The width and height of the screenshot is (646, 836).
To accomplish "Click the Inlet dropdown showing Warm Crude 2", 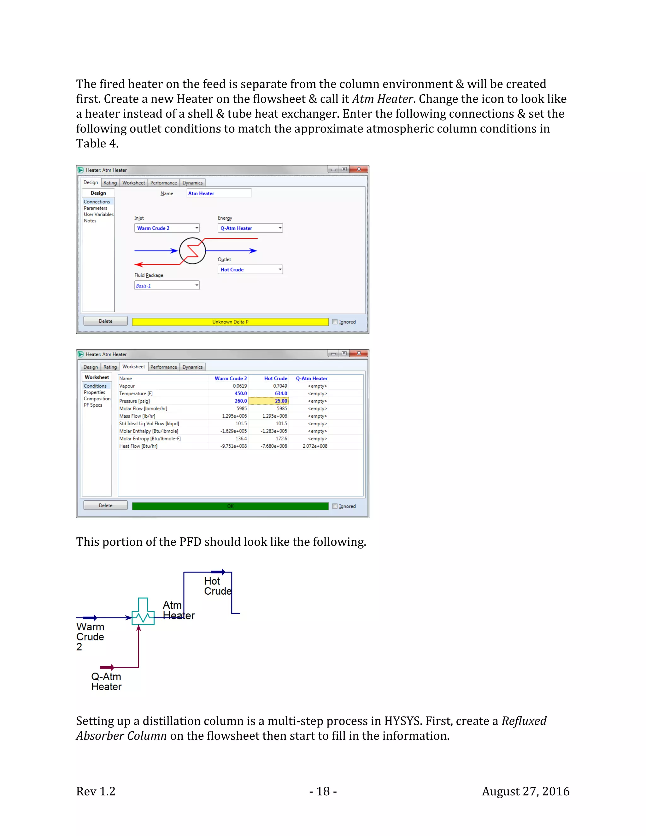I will click(167, 228).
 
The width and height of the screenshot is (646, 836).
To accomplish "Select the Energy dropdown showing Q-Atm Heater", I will click(250, 228).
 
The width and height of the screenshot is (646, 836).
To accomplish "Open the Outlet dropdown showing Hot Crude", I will click(250, 269).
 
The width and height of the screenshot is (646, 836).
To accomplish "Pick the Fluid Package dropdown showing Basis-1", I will click(167, 286).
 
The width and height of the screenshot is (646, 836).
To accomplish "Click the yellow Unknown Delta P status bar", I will click(230, 322).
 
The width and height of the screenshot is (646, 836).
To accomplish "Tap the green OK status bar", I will click(230, 506).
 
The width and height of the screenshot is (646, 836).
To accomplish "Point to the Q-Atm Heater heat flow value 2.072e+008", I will click(314, 446).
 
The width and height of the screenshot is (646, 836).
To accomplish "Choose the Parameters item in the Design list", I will click(96, 208).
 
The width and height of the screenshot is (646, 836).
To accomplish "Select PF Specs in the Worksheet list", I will click(93, 405).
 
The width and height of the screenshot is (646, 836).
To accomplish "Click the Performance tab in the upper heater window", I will click(163, 183).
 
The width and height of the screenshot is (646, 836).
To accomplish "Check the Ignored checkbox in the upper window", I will click(335, 322).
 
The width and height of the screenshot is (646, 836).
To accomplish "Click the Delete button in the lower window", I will click(106, 505).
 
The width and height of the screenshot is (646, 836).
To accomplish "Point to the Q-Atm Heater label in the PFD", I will click(106, 682).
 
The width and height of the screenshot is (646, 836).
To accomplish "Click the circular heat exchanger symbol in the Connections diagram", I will click(192, 251).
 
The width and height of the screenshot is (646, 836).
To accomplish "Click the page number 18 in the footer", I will click(323, 791).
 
